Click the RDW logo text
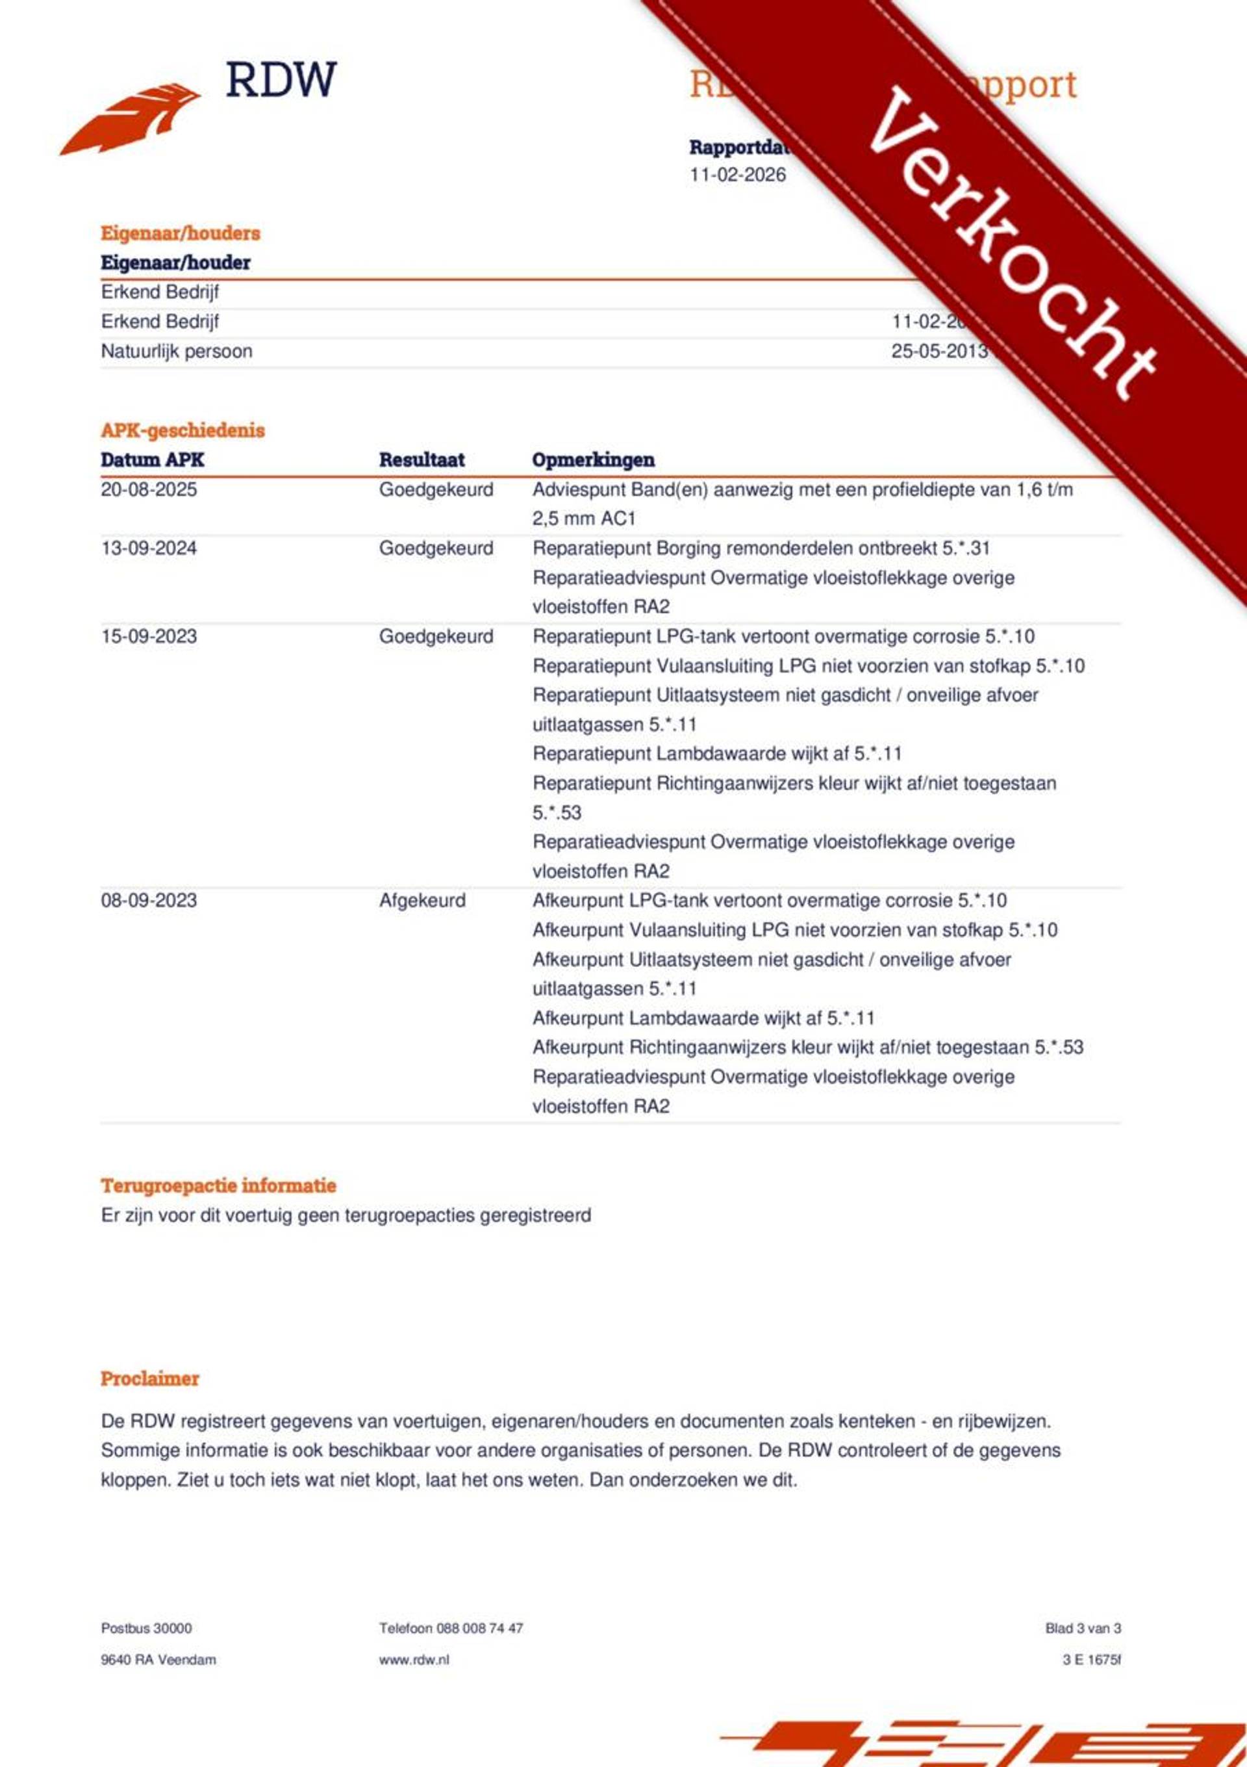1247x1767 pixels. [x=281, y=80]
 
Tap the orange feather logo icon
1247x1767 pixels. [x=131, y=120]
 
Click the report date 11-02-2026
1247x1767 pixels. [x=737, y=175]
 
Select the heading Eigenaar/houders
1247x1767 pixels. [x=180, y=233]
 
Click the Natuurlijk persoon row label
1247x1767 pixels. [x=176, y=352]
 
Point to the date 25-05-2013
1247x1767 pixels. [x=938, y=352]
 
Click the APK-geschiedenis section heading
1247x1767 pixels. [x=183, y=430]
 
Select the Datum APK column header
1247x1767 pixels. [x=153, y=460]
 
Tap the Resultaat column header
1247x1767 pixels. [x=422, y=460]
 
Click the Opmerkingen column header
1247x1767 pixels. [x=592, y=460]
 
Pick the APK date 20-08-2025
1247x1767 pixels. [x=149, y=489]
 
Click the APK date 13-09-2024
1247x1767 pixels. [x=149, y=548]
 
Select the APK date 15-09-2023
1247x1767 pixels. [x=149, y=636]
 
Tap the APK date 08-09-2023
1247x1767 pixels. [x=149, y=901]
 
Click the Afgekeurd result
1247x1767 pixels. [x=422, y=901]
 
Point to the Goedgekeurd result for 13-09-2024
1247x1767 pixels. [x=435, y=548]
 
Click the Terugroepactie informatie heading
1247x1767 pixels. [x=218, y=1185]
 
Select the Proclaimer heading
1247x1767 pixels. [x=150, y=1378]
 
